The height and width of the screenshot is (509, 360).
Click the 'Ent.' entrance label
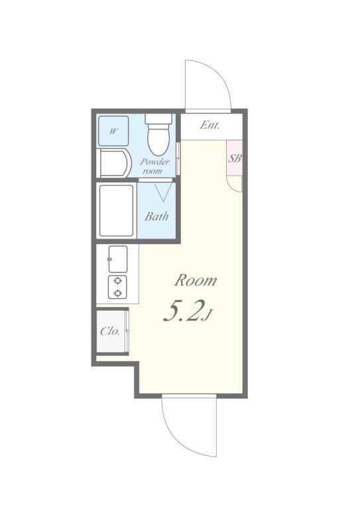(x=210, y=125)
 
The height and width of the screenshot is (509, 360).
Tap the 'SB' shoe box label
(x=234, y=158)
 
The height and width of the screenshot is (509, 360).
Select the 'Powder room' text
(x=154, y=165)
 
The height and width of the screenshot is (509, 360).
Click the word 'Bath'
(x=156, y=216)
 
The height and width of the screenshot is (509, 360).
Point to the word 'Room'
(x=195, y=280)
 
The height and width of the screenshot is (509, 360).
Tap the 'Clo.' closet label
(x=110, y=331)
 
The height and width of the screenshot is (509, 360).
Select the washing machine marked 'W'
(x=113, y=131)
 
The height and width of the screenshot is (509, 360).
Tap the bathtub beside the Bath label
(x=117, y=211)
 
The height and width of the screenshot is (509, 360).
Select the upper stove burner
(x=117, y=280)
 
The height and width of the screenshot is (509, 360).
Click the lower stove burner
(x=117, y=292)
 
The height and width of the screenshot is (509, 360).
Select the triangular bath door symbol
(x=163, y=192)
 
